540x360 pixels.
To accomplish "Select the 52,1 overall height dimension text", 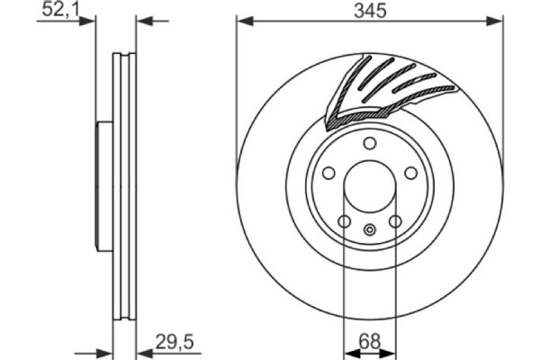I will (61, 10).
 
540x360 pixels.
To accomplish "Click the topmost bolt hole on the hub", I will (369, 145).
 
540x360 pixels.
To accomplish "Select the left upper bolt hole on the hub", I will (328, 175).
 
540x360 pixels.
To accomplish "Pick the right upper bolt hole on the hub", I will (410, 175).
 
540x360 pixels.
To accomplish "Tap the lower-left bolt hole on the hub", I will (344, 222).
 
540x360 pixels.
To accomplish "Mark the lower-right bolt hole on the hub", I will (394, 222).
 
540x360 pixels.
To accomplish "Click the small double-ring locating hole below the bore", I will (369, 230).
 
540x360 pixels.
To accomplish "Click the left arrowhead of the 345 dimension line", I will (242, 20).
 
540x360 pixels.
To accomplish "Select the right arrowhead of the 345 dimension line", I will (497, 20).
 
